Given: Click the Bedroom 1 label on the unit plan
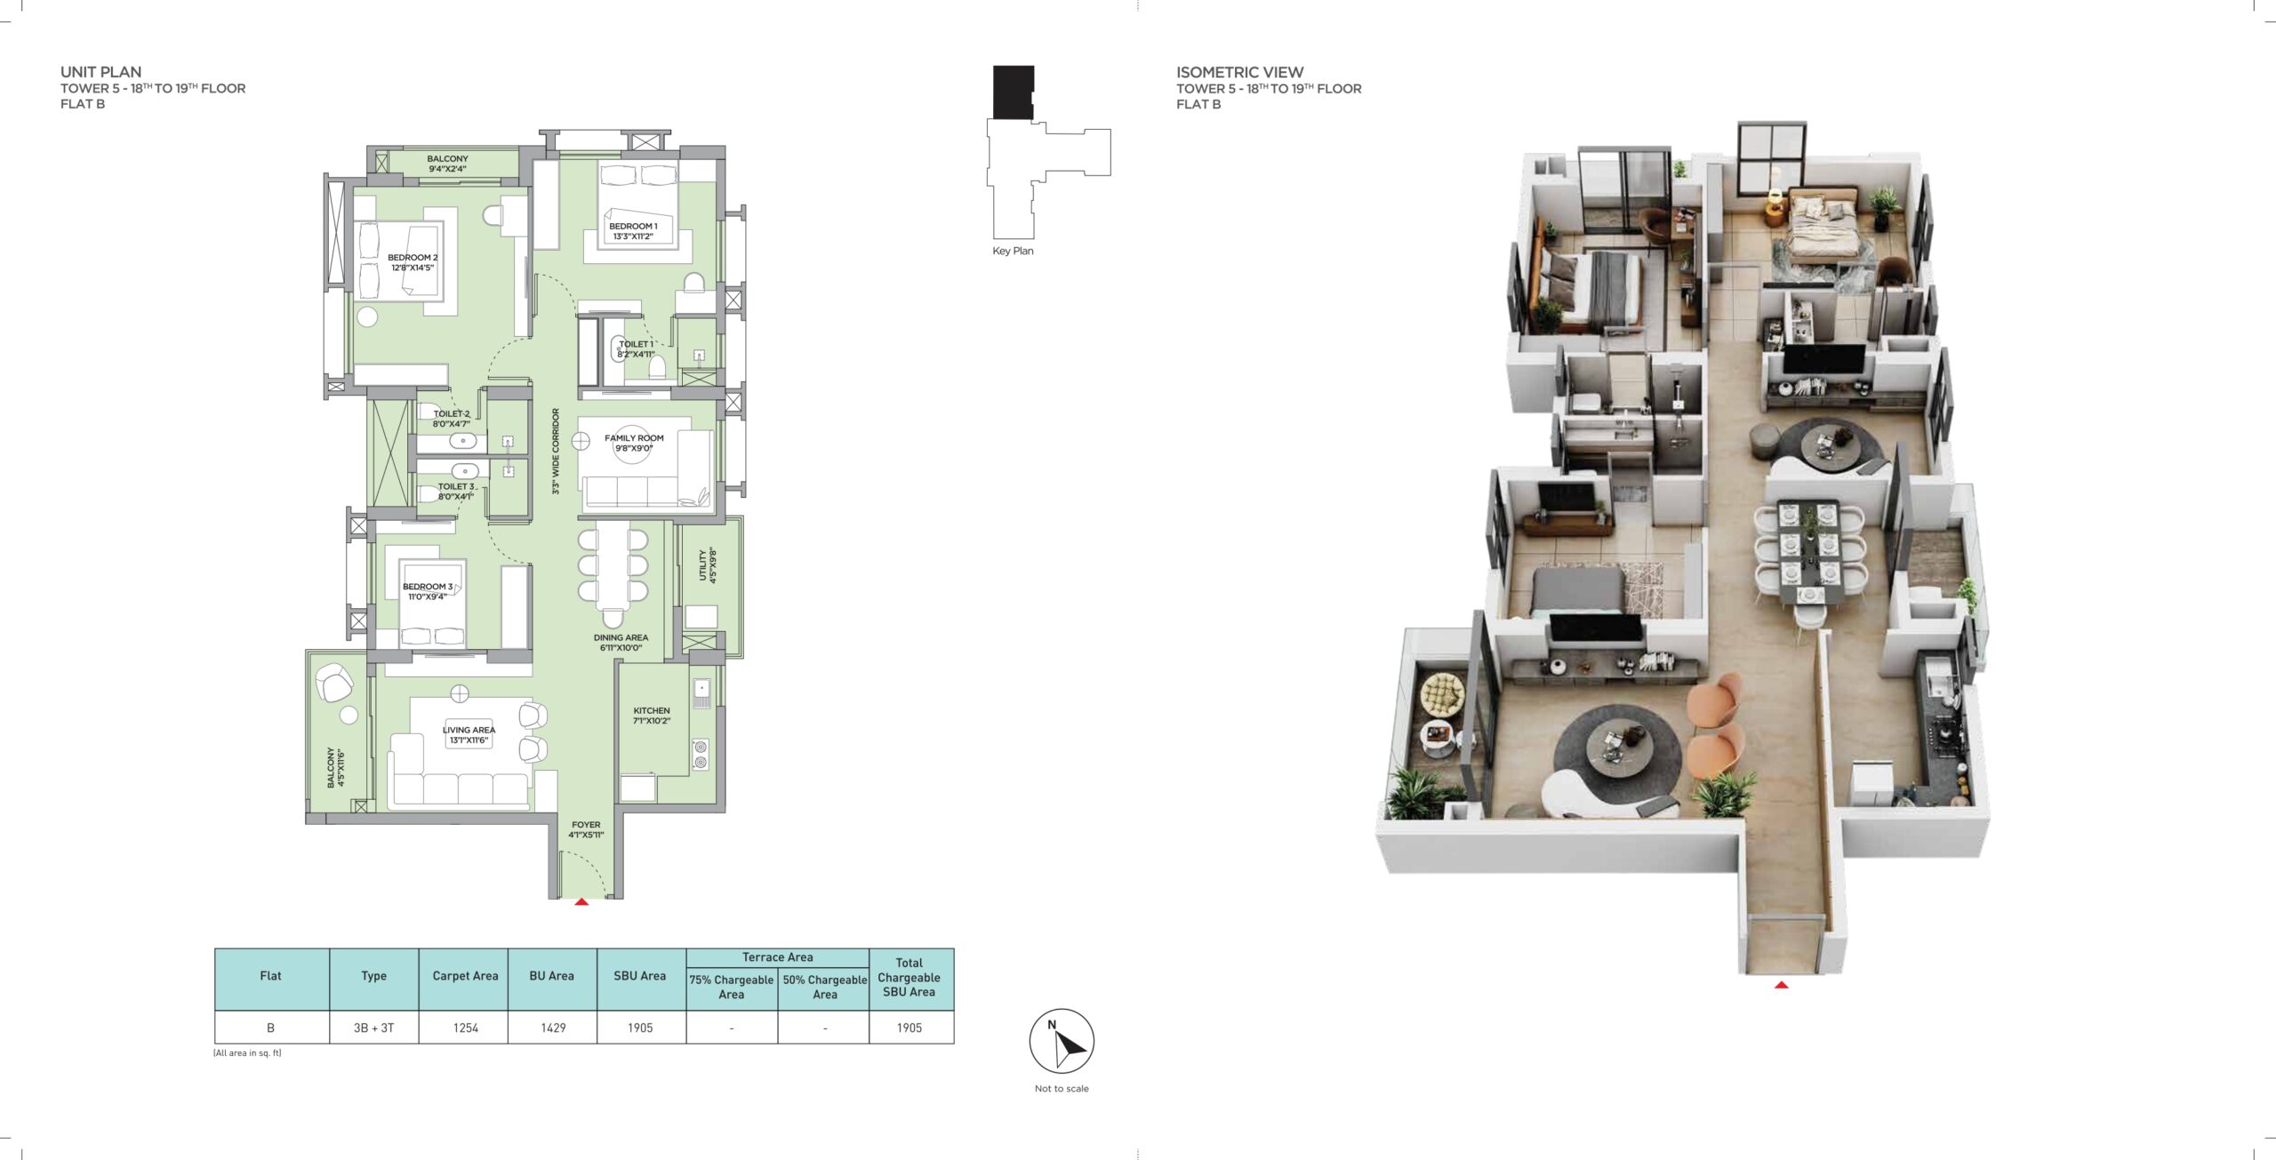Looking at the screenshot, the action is [x=633, y=231].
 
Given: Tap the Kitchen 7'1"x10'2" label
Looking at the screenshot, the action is [x=652, y=716].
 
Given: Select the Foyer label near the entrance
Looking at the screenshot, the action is [x=586, y=829].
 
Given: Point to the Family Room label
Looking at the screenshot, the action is [x=634, y=443].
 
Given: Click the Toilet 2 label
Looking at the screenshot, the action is [x=452, y=419].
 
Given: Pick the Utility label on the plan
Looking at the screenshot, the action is [x=707, y=565].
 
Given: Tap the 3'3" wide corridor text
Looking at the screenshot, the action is [x=556, y=452].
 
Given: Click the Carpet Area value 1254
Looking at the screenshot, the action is [x=466, y=1028].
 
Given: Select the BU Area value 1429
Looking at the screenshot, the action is [x=553, y=1028].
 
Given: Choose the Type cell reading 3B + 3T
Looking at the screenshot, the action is [x=373, y=1028].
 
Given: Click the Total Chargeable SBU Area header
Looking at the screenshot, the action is [x=909, y=977].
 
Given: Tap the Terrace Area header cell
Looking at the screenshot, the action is [x=777, y=957].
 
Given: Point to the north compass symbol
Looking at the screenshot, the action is [x=1062, y=1041].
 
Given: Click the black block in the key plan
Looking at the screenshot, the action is [x=1013, y=92].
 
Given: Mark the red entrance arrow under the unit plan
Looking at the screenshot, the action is [x=581, y=902].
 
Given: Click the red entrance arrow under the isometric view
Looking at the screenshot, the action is [x=1781, y=985].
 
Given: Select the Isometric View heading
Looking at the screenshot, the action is [x=1239, y=72].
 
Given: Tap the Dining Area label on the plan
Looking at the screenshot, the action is [x=621, y=643].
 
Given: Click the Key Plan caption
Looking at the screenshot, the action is [x=1013, y=251].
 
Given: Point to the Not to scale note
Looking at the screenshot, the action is [x=1062, y=1088].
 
